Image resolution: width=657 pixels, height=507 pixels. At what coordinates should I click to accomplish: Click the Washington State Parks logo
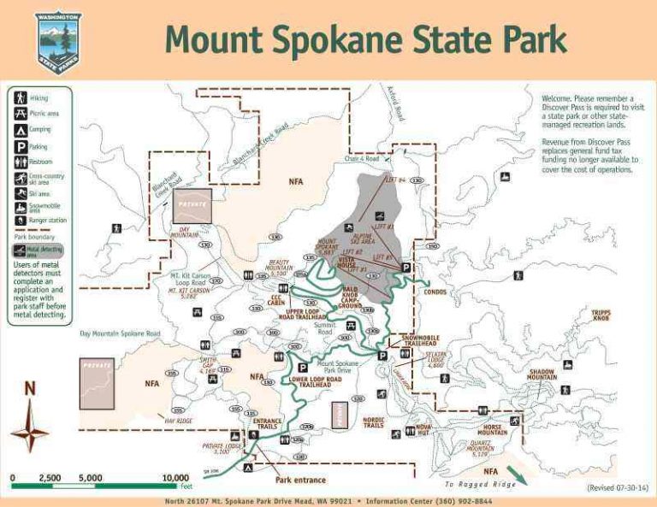coord(58,41)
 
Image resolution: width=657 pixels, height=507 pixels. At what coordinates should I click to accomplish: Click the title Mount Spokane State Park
coord(365,39)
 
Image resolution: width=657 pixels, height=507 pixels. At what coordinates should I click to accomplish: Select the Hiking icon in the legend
coord(19,98)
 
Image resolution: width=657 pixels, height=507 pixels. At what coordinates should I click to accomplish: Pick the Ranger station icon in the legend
coord(19,220)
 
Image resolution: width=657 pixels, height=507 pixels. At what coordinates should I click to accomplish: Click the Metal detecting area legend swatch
coord(19,251)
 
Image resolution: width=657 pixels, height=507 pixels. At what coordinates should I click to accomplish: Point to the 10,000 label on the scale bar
coord(175,478)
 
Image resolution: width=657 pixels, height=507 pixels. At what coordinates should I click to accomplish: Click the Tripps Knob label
coord(601,315)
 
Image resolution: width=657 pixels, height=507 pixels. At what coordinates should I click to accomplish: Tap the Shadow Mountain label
coord(542,374)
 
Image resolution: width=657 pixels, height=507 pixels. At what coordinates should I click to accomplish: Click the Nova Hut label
coord(423,428)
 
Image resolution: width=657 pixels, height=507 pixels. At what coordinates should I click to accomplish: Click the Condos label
coord(435,292)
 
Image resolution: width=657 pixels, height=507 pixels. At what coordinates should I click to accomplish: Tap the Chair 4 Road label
coord(362,158)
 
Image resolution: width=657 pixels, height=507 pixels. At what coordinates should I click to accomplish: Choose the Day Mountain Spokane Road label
coord(121,333)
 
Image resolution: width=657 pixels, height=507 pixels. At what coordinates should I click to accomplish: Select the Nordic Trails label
coord(374,422)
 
